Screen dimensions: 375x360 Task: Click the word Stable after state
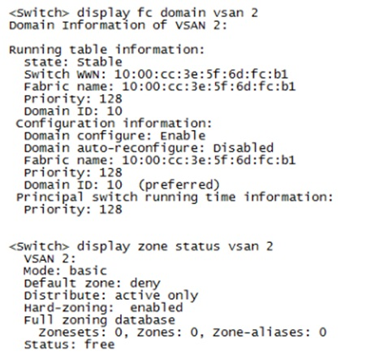[x=100, y=62]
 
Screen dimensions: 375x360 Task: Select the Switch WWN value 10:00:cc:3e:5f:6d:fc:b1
[x=201, y=74]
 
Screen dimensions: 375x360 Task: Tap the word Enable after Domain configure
[x=183, y=136]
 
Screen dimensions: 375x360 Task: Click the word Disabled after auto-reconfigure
[x=244, y=148]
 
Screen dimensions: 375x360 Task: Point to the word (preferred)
[x=179, y=185]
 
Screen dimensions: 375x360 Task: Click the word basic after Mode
[x=88, y=271]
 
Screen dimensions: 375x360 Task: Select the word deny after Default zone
[x=145, y=284]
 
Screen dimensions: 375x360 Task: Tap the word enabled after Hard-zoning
[x=157, y=307]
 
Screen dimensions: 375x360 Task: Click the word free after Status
[x=100, y=345]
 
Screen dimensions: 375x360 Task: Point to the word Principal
[x=50, y=197]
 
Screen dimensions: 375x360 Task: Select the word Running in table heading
[x=35, y=50]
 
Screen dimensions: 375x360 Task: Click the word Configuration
[x=66, y=124]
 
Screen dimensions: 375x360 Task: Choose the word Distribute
[x=65, y=295]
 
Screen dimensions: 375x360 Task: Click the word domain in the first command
[x=183, y=13]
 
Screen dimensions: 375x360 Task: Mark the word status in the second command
[x=198, y=246]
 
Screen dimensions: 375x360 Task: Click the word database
[x=145, y=320]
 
